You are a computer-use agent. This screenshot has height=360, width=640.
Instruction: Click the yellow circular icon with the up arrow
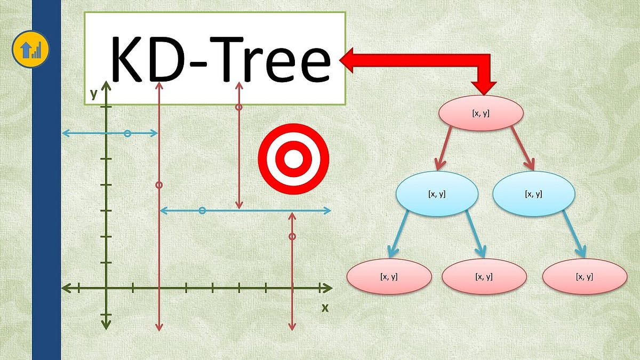[x=30, y=50]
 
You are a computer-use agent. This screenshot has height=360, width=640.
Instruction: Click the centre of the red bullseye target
[x=293, y=159]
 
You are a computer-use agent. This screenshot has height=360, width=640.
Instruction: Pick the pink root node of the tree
[x=481, y=113]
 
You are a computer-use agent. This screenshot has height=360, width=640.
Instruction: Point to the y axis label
[x=94, y=94]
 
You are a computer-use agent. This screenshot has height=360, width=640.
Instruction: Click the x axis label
[x=324, y=308]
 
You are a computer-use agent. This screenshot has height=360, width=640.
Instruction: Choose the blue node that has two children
[x=437, y=194]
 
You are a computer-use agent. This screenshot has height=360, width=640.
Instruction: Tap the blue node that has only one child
[x=533, y=194]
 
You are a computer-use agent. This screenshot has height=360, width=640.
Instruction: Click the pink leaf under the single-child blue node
[x=584, y=277]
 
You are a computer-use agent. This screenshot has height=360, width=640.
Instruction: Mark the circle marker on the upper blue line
[x=127, y=133]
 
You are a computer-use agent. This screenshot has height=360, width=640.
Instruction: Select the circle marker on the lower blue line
[x=202, y=211]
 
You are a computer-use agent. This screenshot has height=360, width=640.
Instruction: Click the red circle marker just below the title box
[x=239, y=107]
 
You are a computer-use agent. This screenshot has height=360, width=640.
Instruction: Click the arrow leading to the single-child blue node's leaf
[x=573, y=233]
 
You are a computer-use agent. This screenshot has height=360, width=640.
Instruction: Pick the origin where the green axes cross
[x=106, y=288]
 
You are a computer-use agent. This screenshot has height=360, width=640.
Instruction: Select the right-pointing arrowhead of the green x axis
[x=326, y=288]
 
